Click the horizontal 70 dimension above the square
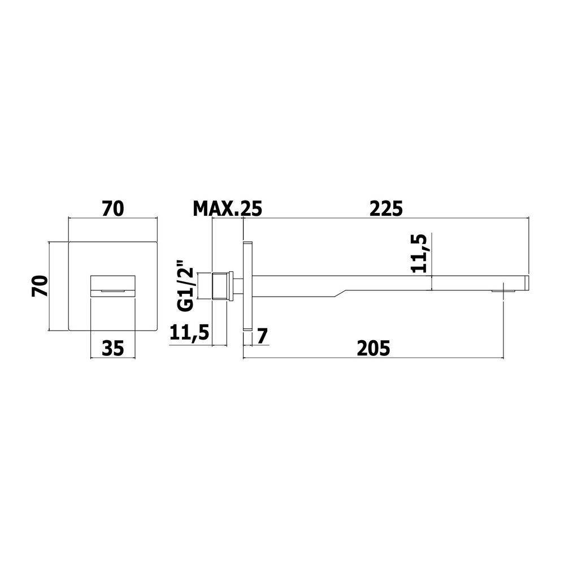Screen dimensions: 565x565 click(x=113, y=209)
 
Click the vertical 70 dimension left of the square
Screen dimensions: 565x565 click(x=40, y=286)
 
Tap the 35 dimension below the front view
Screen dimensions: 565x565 click(x=113, y=348)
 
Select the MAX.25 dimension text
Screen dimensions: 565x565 click(x=228, y=209)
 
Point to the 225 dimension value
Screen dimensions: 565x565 click(x=386, y=209)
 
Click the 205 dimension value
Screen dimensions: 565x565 click(x=373, y=348)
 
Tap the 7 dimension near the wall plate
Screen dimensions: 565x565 click(x=262, y=337)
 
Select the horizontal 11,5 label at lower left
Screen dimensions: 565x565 click(x=189, y=333)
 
